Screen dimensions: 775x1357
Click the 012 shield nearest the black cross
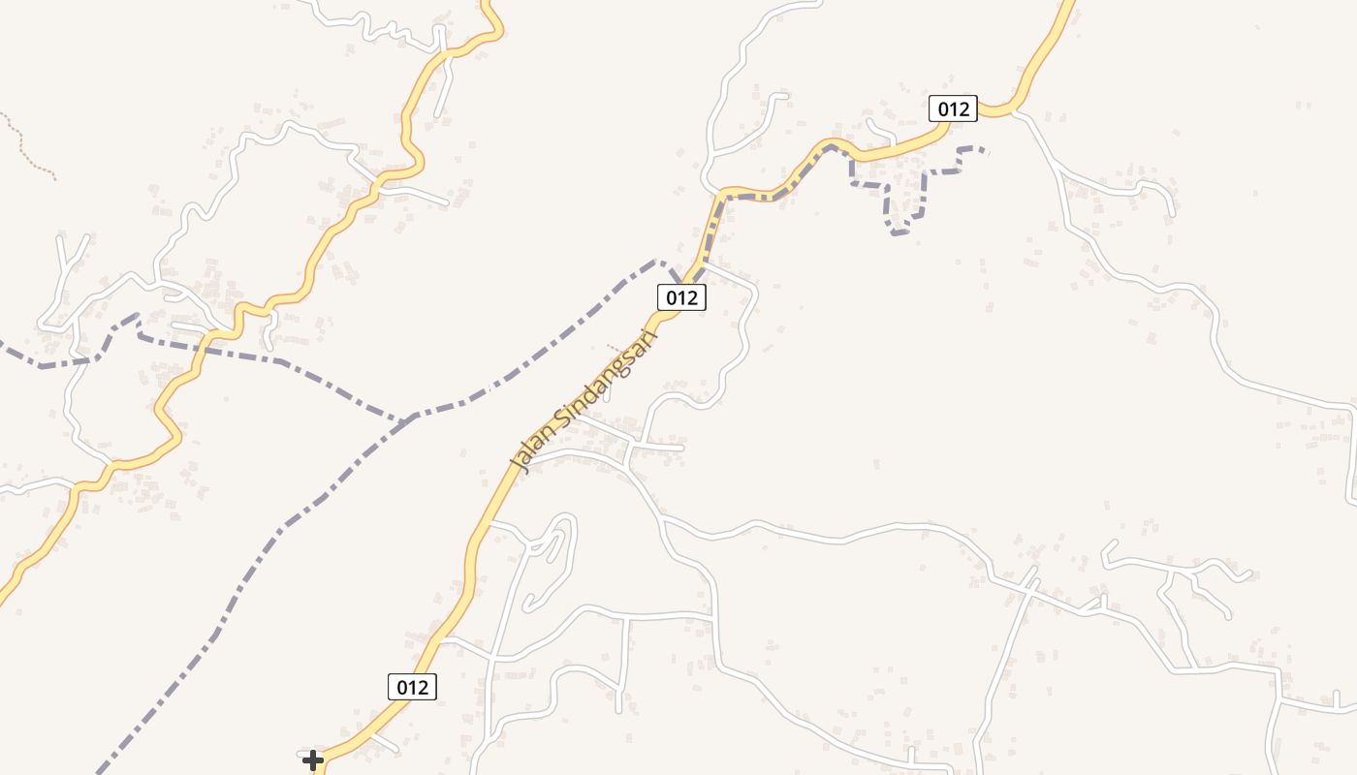click(412, 687)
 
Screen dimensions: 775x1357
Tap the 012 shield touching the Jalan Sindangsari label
click(680, 297)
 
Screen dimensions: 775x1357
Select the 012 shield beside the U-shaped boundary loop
click(953, 108)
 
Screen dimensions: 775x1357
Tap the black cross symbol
click(312, 760)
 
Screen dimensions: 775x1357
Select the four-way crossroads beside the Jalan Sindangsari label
click(631, 446)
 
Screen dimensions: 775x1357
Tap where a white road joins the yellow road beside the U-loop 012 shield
click(1013, 112)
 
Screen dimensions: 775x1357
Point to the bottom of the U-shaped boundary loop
click(899, 232)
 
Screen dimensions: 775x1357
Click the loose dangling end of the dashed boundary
click(986, 150)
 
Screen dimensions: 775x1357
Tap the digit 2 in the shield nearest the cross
click(424, 687)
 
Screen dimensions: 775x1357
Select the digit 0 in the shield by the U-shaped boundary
click(940, 108)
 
